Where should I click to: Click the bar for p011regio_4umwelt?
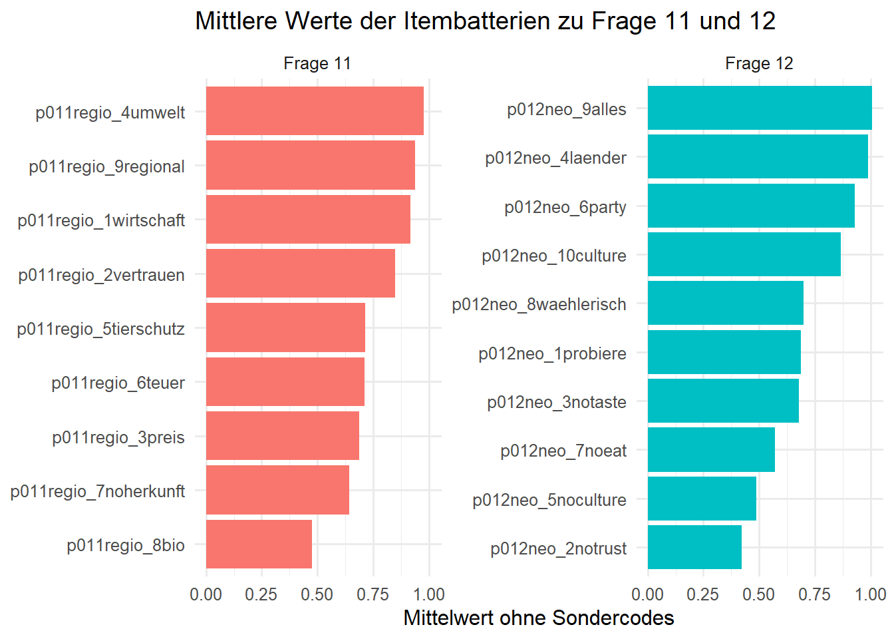pyautogui.click(x=315, y=111)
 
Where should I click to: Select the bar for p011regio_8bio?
pyautogui.click(x=259, y=544)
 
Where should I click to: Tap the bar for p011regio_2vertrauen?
pyautogui.click(x=300, y=274)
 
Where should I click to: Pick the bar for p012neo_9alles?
pyautogui.click(x=759, y=108)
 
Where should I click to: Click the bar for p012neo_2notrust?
pyautogui.click(x=694, y=548)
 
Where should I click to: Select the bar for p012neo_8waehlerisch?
pyautogui.click(x=725, y=304)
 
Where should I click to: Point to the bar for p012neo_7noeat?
pyautogui.click(x=711, y=450)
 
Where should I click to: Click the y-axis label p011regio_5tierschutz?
pyautogui.click(x=101, y=329)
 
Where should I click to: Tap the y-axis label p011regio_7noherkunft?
pyautogui.click(x=98, y=492)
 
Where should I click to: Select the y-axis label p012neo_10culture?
pyautogui.click(x=554, y=256)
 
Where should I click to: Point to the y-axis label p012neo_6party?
pyautogui.click(x=565, y=208)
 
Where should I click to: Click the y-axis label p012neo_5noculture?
pyautogui.click(x=549, y=501)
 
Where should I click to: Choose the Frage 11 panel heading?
pyautogui.click(x=317, y=64)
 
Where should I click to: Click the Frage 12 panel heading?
pyautogui.click(x=759, y=64)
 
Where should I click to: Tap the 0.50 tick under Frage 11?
pyautogui.click(x=317, y=594)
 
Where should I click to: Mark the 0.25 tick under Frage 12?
pyautogui.click(x=703, y=594)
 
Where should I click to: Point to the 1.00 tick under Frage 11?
pyautogui.click(x=429, y=594)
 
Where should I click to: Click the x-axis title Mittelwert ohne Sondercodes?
pyautogui.click(x=538, y=618)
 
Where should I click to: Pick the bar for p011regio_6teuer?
pyautogui.click(x=285, y=382)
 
